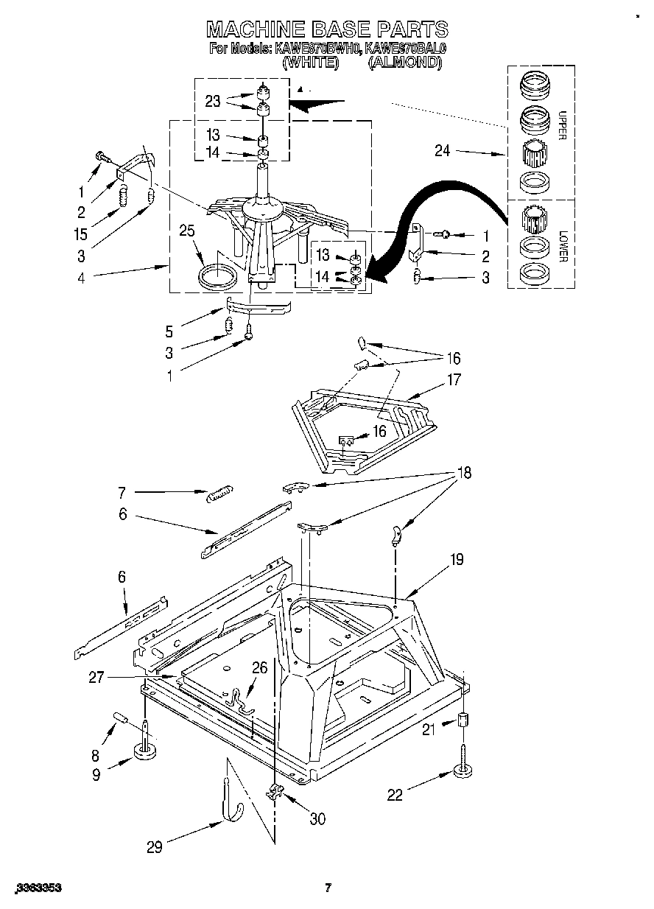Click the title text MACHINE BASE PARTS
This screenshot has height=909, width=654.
tap(326, 29)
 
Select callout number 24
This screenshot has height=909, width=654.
tap(443, 152)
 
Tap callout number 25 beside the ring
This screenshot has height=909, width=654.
tap(187, 231)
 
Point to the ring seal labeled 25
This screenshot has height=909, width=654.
tap(219, 277)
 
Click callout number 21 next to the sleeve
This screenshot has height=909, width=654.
tap(429, 729)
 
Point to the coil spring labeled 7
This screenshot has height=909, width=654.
tap(219, 494)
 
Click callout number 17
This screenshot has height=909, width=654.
tap(453, 380)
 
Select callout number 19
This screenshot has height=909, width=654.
tap(456, 559)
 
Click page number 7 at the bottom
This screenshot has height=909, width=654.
tap(328, 888)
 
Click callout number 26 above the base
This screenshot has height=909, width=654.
tap(259, 668)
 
